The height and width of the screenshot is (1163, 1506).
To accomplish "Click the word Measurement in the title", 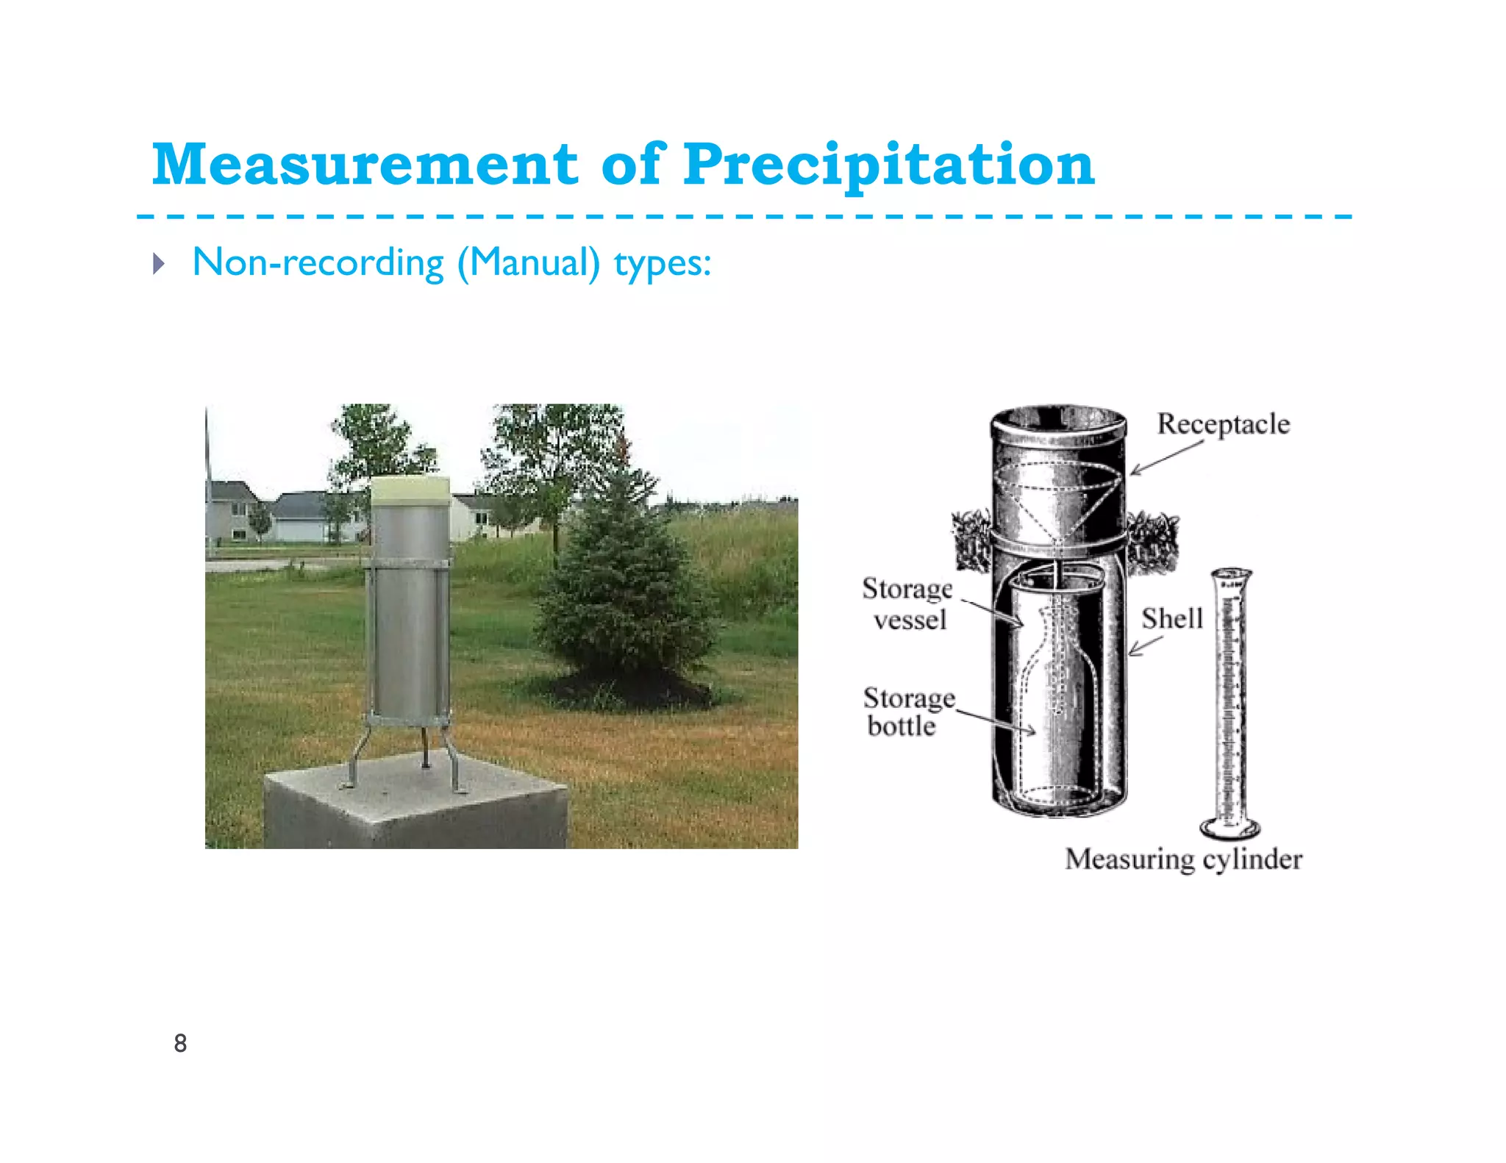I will coord(365,164).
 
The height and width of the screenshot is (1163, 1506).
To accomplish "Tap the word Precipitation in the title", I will coord(888,165).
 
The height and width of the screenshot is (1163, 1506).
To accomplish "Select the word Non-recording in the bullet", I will coord(318,262).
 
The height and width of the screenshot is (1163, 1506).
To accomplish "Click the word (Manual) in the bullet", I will coord(528,263).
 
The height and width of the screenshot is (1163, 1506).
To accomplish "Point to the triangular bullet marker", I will coord(159,263).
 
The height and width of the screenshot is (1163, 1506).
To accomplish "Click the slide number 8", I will coord(180,1042).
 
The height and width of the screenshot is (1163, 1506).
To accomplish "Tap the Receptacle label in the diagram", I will coord(1223,424).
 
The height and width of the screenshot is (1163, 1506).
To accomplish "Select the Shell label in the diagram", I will coord(1171,618).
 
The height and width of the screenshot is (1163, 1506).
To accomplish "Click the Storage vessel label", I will coord(907,604).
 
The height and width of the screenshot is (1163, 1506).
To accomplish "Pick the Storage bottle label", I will coord(907,712).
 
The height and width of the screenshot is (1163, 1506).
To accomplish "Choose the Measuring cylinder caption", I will coord(1183,859).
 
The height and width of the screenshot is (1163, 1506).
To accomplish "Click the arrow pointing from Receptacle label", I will coord(1166,458).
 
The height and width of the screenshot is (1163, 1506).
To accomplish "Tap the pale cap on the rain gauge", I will coord(410,490).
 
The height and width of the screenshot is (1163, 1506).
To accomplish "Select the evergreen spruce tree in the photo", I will coord(625,588).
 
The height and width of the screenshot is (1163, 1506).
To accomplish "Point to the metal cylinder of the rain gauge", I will coord(409,610).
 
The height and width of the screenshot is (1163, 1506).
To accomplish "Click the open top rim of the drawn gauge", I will coord(1058,419).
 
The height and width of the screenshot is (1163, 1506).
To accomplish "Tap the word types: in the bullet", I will coord(663,263).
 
